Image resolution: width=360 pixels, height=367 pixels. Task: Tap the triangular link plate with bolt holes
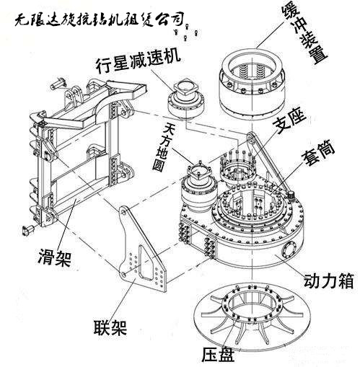(144, 252)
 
